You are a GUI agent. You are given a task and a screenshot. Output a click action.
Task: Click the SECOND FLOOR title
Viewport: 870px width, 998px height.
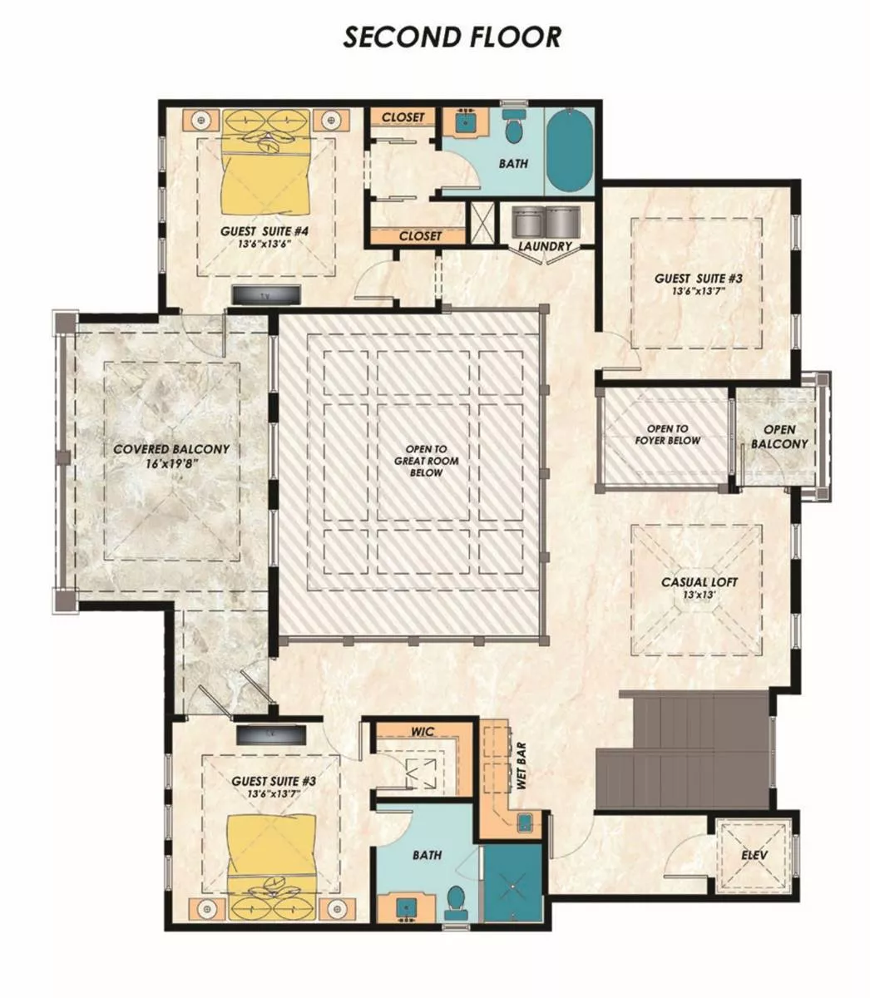(x=452, y=37)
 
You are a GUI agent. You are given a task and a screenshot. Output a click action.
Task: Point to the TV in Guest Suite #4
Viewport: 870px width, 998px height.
(x=265, y=294)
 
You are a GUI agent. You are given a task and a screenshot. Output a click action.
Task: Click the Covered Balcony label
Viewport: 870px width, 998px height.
(x=171, y=449)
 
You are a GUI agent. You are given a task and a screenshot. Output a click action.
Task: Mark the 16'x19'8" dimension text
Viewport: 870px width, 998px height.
(x=171, y=463)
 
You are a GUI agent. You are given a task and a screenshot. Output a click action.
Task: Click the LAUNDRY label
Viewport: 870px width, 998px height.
(x=545, y=246)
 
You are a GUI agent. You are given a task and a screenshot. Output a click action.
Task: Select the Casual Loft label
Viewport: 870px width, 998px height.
(x=699, y=582)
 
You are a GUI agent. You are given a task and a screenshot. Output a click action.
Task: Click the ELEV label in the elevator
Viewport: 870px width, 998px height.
(x=754, y=855)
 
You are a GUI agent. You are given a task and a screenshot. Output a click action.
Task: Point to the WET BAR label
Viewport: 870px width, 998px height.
(x=522, y=772)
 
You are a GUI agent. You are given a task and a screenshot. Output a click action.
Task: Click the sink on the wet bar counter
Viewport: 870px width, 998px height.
(x=525, y=824)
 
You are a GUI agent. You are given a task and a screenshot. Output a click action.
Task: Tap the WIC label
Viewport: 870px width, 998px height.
(x=423, y=732)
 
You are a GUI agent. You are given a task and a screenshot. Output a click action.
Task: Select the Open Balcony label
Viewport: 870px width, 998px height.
(x=779, y=437)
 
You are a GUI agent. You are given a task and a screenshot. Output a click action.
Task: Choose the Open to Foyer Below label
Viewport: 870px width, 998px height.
(x=667, y=434)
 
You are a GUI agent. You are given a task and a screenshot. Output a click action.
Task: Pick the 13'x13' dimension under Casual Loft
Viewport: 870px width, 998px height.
(x=699, y=595)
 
